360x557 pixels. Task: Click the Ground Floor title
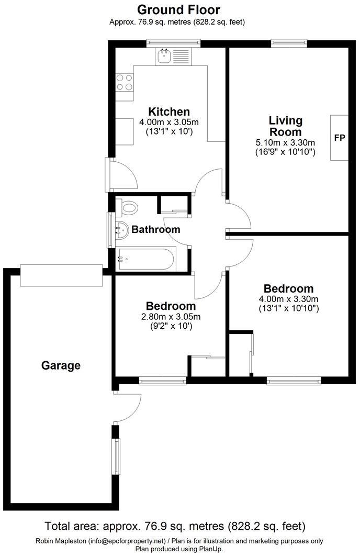point(178,9)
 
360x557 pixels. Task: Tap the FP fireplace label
point(340,138)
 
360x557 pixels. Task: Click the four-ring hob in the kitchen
point(125,83)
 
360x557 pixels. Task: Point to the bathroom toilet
point(128,208)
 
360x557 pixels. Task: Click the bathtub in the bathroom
point(145,259)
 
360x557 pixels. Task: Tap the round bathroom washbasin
point(121,230)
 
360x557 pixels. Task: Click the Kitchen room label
point(169,112)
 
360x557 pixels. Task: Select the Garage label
point(61,365)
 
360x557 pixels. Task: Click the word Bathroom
point(155,229)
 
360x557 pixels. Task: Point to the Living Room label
point(285,126)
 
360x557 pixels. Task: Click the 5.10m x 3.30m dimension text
point(285,142)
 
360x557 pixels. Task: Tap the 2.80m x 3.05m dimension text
point(171,317)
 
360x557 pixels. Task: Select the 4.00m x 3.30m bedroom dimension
point(288,299)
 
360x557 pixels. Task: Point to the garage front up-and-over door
point(62,275)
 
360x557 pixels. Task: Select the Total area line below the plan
point(175,526)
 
